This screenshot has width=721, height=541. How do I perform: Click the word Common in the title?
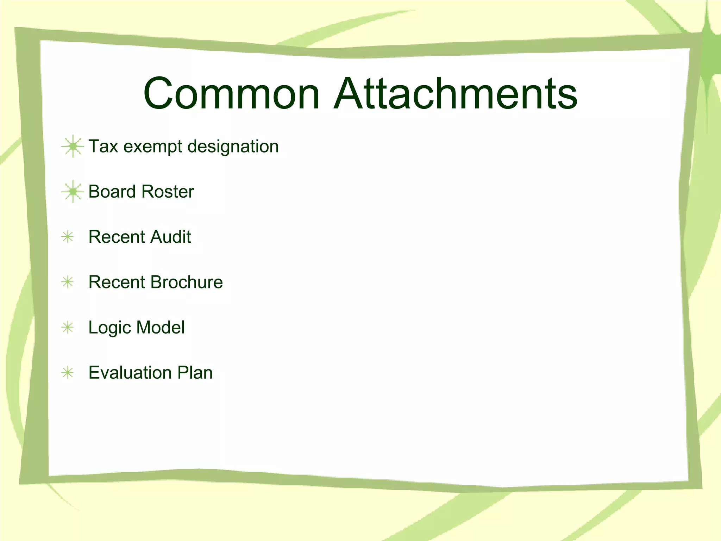[231, 94]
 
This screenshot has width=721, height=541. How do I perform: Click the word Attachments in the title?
[456, 94]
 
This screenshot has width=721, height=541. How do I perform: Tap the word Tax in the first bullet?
[103, 146]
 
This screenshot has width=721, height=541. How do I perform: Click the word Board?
[112, 192]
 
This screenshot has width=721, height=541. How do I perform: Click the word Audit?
[170, 237]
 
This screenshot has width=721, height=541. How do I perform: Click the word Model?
[161, 327]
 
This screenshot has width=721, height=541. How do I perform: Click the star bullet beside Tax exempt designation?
[73, 146]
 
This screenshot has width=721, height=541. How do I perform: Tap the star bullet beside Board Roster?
[73, 191]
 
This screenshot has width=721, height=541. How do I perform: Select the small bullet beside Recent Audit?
[68, 237]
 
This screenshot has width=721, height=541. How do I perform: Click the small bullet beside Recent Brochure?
[68, 282]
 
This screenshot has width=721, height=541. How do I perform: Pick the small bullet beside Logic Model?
[68, 327]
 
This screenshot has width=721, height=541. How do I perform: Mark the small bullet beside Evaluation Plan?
[68, 372]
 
